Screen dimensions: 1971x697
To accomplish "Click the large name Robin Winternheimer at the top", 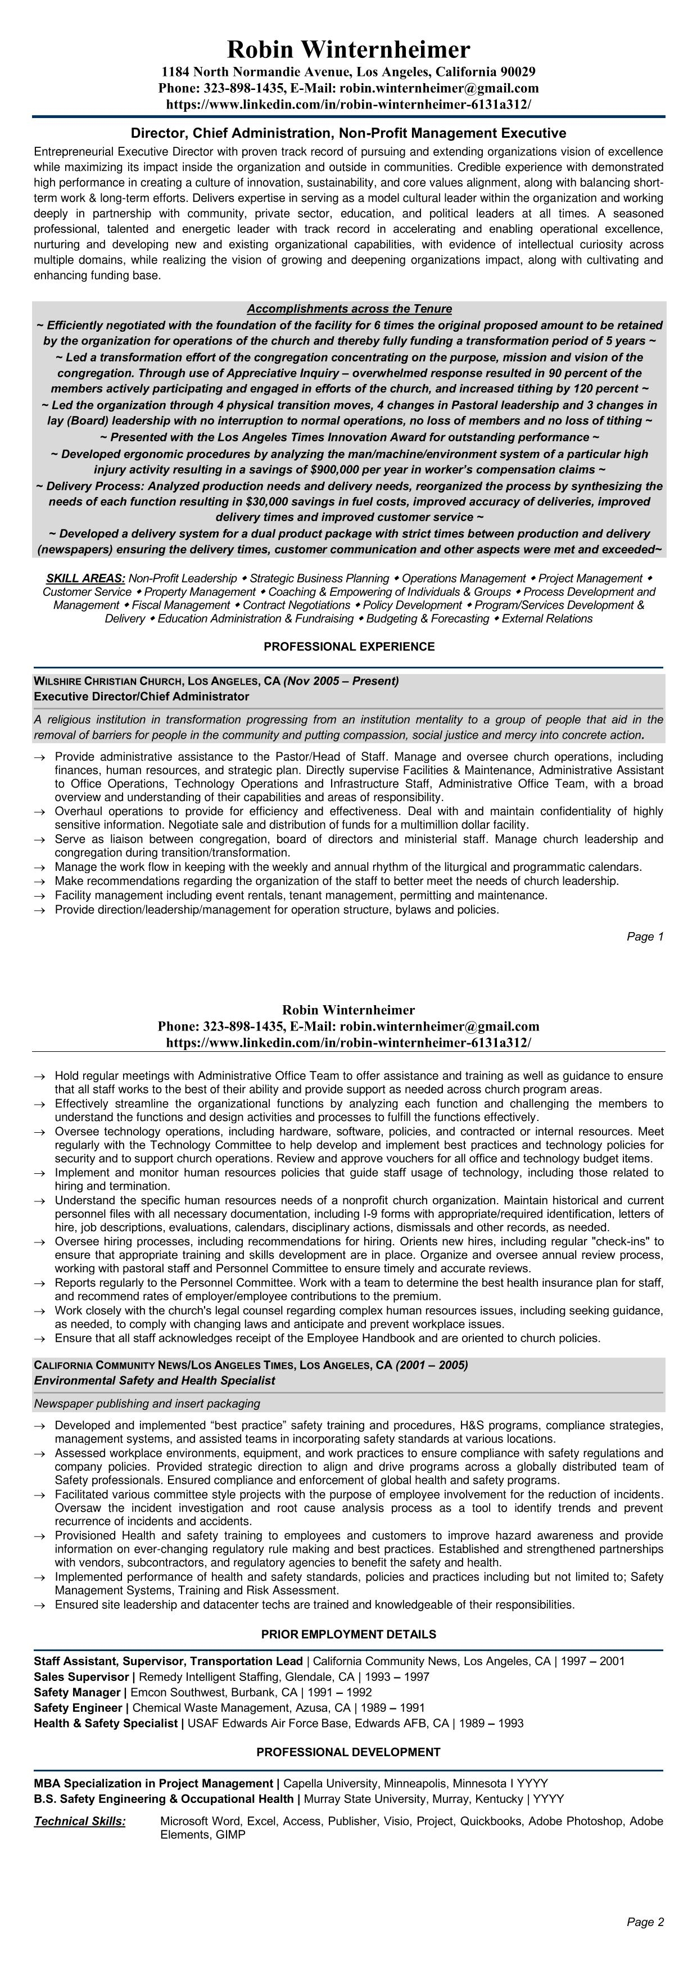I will tap(348, 49).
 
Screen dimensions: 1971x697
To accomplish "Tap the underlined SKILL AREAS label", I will tap(85, 578).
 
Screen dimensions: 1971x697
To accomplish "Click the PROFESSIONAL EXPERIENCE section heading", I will tap(349, 647).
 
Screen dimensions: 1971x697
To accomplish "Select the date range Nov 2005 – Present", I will tap(341, 681).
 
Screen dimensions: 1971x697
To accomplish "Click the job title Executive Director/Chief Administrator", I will tap(142, 697).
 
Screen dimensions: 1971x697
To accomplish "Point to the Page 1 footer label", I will tap(645, 937).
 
